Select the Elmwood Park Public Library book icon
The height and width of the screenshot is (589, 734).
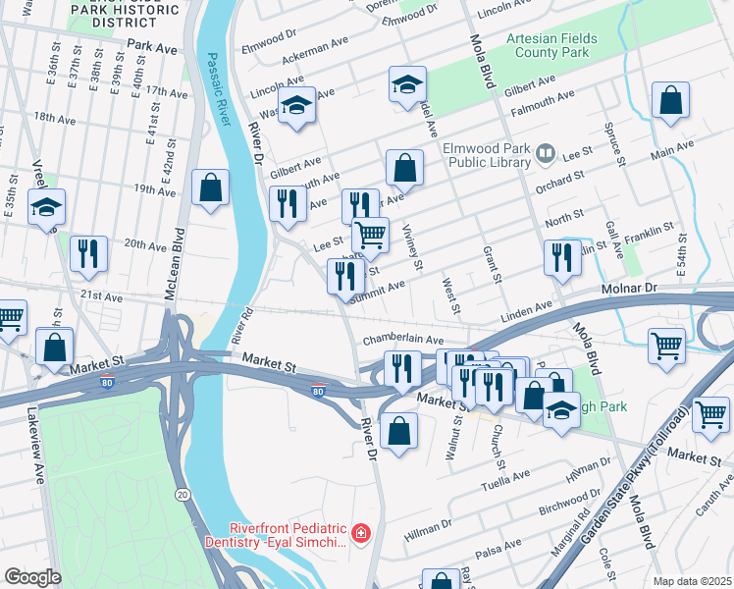[546, 154]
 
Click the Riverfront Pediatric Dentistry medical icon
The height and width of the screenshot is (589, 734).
[361, 533]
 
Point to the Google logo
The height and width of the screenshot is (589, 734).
[32, 577]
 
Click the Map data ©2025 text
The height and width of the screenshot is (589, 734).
[692, 581]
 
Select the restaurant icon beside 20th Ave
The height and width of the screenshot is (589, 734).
[89, 253]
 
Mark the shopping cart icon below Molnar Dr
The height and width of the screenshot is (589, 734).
[667, 346]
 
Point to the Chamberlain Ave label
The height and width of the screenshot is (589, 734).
[398, 339]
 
